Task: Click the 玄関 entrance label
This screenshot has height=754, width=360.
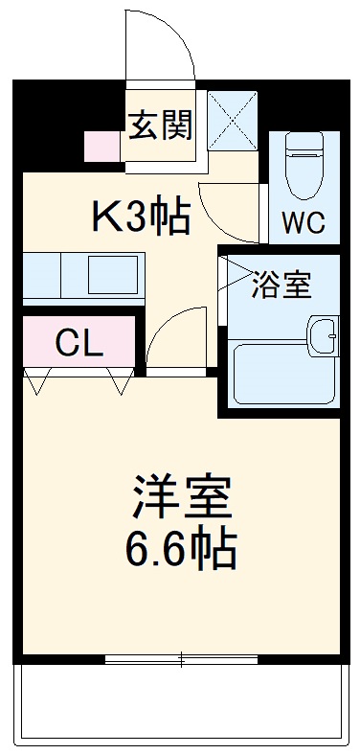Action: (161, 125)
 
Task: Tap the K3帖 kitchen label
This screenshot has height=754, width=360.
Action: (140, 218)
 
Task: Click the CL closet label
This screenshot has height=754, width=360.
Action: (79, 342)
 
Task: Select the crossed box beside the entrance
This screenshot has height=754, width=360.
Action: (233, 120)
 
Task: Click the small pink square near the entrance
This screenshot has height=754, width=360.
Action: (100, 147)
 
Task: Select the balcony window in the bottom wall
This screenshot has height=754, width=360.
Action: (181, 659)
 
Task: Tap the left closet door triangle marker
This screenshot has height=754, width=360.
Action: (38, 384)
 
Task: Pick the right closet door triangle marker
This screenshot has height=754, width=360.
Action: (121, 384)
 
